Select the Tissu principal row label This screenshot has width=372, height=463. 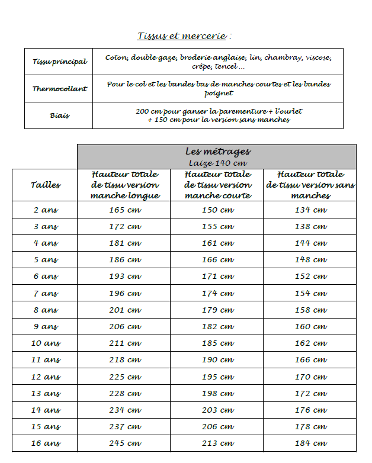pyautogui.click(x=59, y=62)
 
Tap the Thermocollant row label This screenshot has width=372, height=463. pyautogui.click(x=59, y=89)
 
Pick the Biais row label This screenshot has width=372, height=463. pyautogui.click(x=59, y=115)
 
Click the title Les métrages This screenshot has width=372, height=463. pyautogui.click(x=217, y=152)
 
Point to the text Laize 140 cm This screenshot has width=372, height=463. pyautogui.click(x=217, y=163)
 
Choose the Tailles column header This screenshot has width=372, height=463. pyautogui.click(x=46, y=185)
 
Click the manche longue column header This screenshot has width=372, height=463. pyautogui.click(x=124, y=185)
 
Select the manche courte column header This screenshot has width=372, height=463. pyautogui.click(x=217, y=185)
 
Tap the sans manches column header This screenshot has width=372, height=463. pyautogui.click(x=310, y=185)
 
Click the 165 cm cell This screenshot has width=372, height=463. pyautogui.click(x=124, y=210)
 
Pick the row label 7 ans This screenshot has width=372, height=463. pyautogui.click(x=46, y=293)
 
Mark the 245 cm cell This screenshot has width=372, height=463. pyautogui.click(x=124, y=443)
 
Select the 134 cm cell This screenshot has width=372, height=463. pyautogui.click(x=310, y=210)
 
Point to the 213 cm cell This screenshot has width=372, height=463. pyautogui.click(x=217, y=443)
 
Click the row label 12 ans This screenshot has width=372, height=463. pyautogui.click(x=46, y=377)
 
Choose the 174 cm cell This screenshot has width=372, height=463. pyautogui.click(x=217, y=293)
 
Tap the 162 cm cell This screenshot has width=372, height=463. pyautogui.click(x=310, y=343)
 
